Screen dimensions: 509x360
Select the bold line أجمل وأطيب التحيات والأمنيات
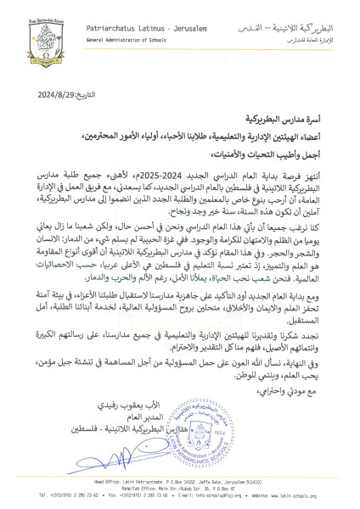coord(264,131)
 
